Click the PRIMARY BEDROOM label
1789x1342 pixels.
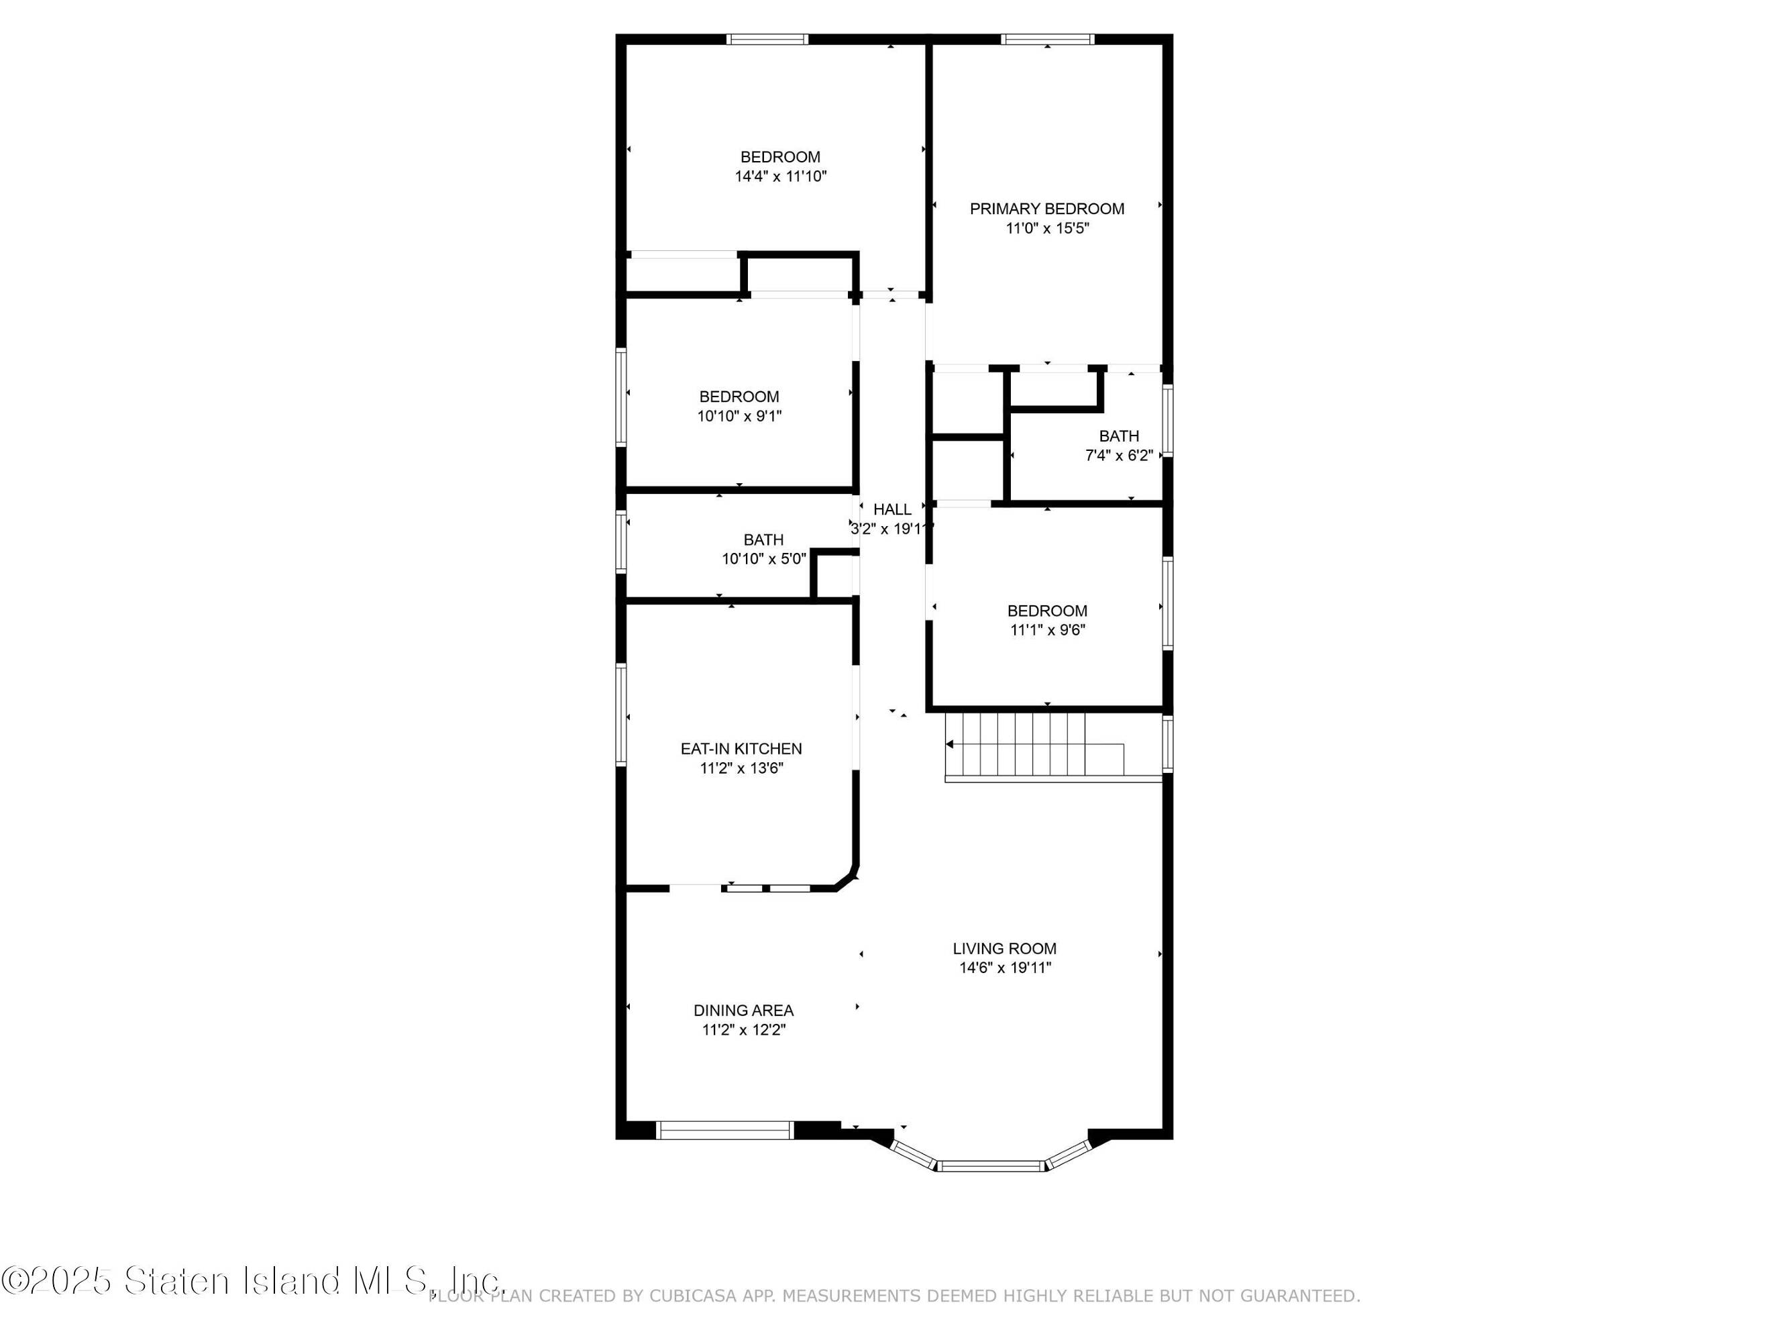pos(1046,209)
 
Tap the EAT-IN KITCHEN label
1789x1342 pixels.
pos(741,749)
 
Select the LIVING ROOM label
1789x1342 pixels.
pos(1004,949)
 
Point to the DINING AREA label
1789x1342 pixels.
pos(743,1011)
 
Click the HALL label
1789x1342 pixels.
pos(892,509)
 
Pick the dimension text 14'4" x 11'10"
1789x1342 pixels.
pos(780,176)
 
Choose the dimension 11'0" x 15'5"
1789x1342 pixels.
pos(1047,228)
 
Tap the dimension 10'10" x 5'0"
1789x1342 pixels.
pos(763,559)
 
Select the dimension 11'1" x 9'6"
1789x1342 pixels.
pos(1047,630)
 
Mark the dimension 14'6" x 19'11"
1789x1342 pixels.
pos(1004,968)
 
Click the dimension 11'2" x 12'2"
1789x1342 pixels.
pos(743,1030)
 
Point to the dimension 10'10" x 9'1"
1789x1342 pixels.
pos(739,417)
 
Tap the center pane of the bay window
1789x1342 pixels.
pos(991,1166)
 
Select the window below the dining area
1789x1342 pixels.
pos(724,1130)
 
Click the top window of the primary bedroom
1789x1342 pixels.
pos(1047,39)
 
